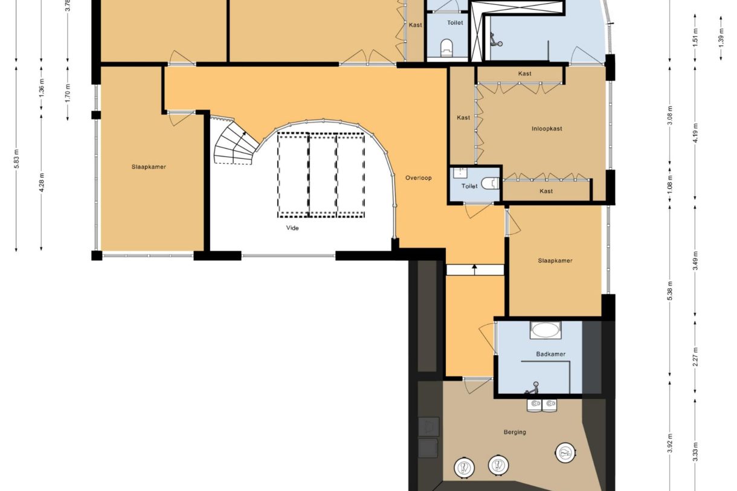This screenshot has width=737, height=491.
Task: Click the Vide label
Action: click(292, 228)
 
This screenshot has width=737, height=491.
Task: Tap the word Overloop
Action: click(419, 178)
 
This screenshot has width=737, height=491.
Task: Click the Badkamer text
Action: click(550, 354)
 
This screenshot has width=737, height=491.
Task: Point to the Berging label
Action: click(515, 432)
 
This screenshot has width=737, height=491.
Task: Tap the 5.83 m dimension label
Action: click(16, 160)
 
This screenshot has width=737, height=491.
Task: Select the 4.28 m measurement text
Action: click(41, 182)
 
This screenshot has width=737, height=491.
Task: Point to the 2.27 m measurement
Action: click(695, 356)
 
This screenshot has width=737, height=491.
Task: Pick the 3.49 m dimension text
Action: click(695, 260)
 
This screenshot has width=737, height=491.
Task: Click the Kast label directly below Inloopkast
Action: click(546, 191)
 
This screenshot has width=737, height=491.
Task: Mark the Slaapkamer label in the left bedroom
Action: click(149, 167)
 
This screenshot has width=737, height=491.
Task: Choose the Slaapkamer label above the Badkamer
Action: click(555, 261)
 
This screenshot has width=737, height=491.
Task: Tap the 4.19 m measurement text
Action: click(695, 132)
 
